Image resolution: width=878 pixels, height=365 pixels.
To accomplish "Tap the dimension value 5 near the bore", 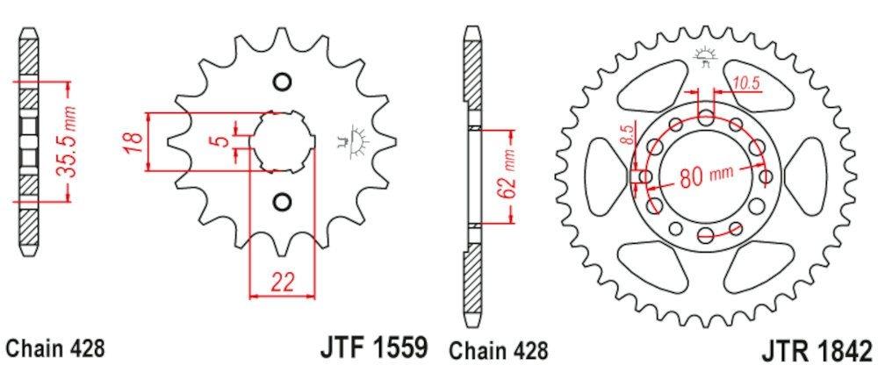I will point(224,140).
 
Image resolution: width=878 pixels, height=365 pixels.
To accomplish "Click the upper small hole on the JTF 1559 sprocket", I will point(282,83).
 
